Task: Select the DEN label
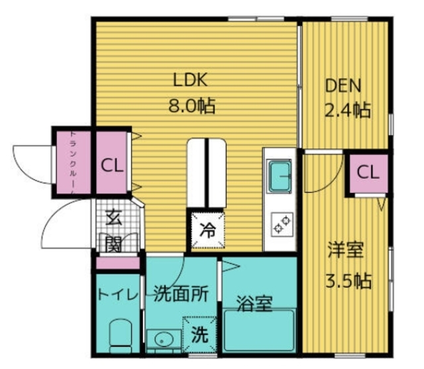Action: [x=343, y=86]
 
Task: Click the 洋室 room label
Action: [x=345, y=252]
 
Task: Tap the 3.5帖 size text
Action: [x=347, y=280]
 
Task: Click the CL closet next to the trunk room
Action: [x=111, y=165]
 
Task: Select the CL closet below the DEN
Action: [x=368, y=174]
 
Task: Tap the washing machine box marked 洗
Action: [x=199, y=335]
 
